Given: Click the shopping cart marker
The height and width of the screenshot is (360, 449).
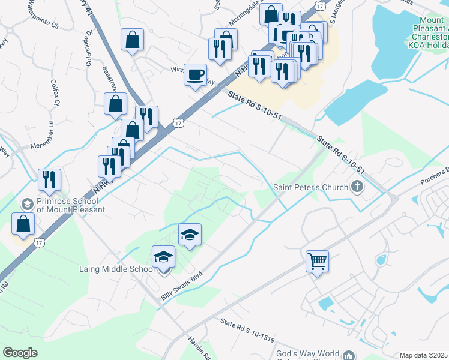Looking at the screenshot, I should (317, 262).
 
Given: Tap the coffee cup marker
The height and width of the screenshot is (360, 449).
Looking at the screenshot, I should (195, 75).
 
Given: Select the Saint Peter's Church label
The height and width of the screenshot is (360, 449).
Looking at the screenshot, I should (310, 187).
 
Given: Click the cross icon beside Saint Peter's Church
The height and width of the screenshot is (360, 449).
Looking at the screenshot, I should (358, 187).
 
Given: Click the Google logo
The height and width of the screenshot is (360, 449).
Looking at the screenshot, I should (20, 352).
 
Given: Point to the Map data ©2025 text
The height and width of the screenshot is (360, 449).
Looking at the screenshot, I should (424, 355).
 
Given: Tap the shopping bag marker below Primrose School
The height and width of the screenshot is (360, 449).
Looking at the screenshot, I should (23, 224).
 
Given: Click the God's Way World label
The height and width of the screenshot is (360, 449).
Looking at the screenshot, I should (307, 354).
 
